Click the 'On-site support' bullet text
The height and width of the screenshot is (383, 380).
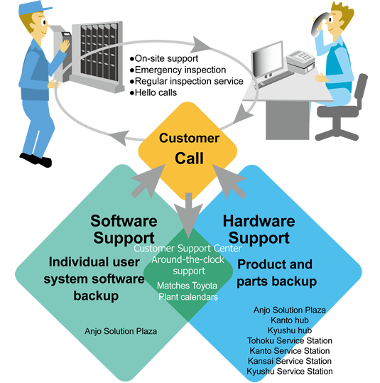click(x=164, y=58)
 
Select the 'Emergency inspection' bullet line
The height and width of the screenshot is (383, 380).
click(x=178, y=70)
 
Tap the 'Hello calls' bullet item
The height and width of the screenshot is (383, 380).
click(x=153, y=92)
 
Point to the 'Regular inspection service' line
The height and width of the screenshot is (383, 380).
click(x=187, y=81)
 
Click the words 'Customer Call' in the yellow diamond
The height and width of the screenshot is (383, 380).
click(x=189, y=149)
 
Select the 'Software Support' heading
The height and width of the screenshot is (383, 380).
click(x=124, y=229)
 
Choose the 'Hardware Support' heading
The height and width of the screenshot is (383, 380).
click(x=259, y=229)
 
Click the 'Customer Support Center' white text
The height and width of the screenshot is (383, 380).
click(x=188, y=248)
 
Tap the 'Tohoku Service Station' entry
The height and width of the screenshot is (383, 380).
click(x=290, y=340)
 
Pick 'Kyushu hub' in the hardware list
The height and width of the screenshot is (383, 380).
click(x=290, y=330)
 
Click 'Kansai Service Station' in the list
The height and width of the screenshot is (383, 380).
click(x=290, y=361)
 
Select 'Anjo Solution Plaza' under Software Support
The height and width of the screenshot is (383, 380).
click(x=121, y=331)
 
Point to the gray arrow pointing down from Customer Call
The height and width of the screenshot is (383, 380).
click(x=188, y=215)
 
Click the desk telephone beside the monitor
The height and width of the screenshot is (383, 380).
click(x=300, y=62)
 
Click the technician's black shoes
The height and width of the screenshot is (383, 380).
click(x=36, y=160)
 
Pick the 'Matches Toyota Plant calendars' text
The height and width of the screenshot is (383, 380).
click(x=188, y=291)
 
